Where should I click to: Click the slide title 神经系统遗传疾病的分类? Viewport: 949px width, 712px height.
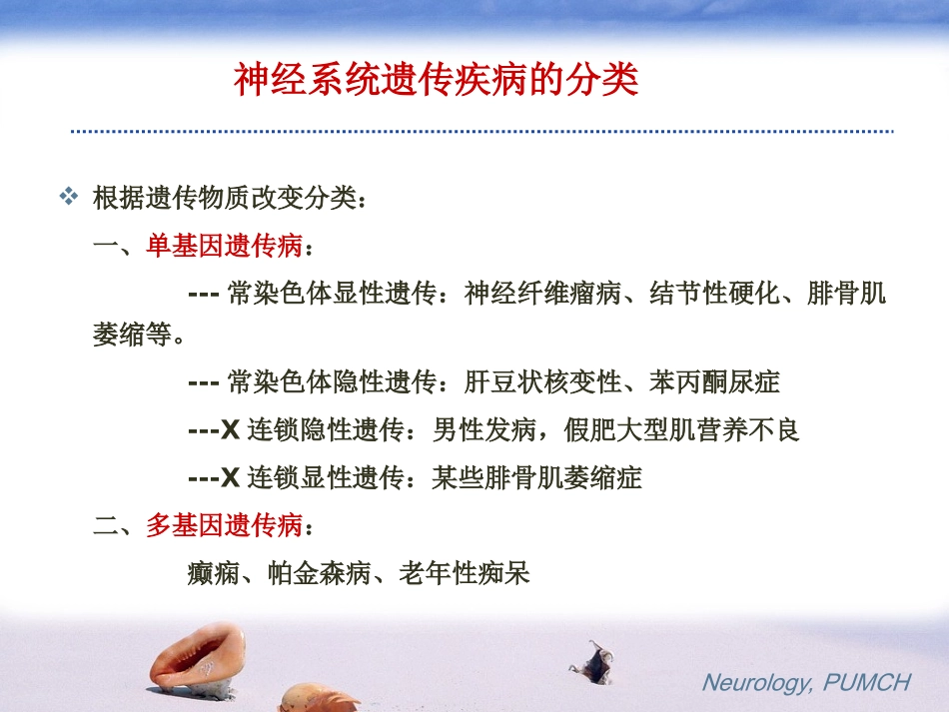pos(436,80)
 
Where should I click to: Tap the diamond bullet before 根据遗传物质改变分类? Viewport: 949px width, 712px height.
pos(69,196)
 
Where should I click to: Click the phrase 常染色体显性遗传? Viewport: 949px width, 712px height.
pos(333,294)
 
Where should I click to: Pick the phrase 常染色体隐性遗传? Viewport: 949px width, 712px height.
pos(333,382)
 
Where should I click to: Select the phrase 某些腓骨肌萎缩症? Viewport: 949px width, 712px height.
pos(536,478)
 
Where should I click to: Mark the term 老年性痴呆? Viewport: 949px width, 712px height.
pos(464,573)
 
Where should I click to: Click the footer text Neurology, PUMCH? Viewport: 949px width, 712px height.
pos(806,683)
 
